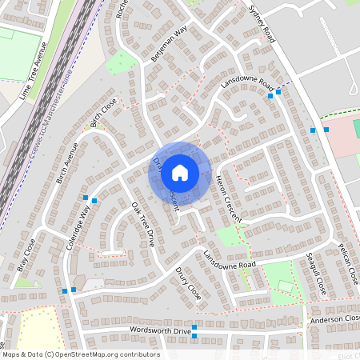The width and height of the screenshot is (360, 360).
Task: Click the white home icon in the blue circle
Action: point(180,172)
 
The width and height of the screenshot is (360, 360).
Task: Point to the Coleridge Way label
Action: point(78,229)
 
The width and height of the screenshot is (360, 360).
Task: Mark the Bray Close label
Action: point(26,255)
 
